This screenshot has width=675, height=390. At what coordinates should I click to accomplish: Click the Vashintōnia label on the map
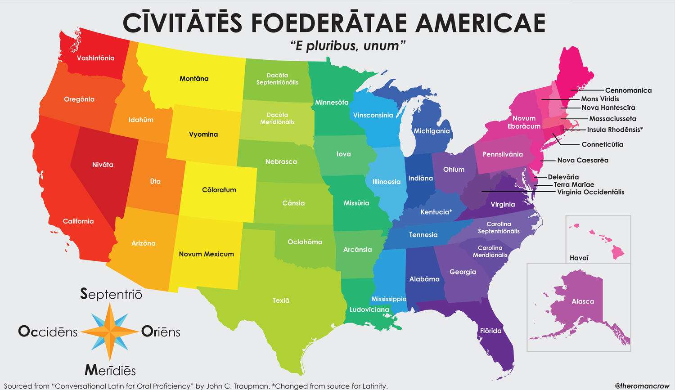tap(95, 58)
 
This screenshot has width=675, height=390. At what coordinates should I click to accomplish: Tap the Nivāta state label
tap(103, 165)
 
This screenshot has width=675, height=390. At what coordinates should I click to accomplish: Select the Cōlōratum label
tap(219, 190)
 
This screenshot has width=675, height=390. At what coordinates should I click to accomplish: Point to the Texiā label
tap(281, 300)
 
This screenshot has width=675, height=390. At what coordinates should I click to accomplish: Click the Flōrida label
tap(490, 331)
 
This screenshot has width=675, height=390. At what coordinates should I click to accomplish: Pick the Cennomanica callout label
tap(628, 90)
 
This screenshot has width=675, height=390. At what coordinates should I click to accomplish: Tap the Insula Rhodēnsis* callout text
tap(615, 130)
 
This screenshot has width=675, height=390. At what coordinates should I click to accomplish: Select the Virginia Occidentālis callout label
tap(590, 192)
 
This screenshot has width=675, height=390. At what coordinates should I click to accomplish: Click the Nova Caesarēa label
tap(582, 160)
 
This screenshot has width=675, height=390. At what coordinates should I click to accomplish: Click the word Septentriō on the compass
tap(111, 294)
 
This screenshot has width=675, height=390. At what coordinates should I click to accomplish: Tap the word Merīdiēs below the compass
tap(110, 371)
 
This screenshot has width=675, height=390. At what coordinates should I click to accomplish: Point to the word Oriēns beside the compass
tap(161, 332)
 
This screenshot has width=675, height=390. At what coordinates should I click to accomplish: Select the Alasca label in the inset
tap(583, 301)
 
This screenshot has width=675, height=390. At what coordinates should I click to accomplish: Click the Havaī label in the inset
tap(579, 258)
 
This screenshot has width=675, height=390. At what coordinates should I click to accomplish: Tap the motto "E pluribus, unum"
tap(348, 46)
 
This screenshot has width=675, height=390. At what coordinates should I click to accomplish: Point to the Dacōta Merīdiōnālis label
tap(277, 118)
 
